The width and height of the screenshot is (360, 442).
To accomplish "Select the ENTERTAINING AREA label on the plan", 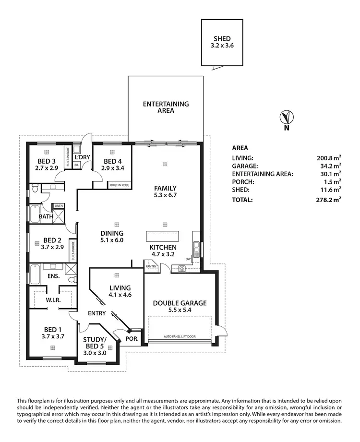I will [x=166, y=107].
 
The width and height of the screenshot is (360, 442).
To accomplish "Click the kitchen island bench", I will [x=162, y=236].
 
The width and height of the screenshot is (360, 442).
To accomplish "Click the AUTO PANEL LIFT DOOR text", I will [x=180, y=336].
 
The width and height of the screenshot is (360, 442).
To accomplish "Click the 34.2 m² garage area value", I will [x=331, y=166].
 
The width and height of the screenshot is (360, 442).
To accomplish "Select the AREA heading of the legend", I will [x=240, y=148].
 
